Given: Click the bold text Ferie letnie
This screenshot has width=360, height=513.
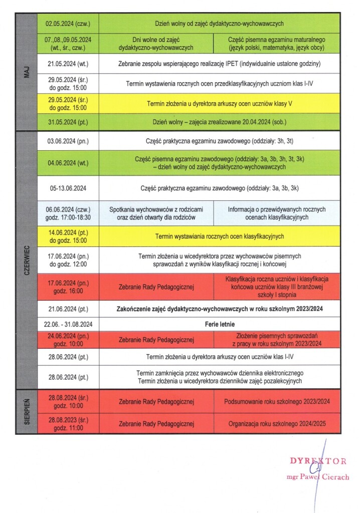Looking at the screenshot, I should coord(220,324).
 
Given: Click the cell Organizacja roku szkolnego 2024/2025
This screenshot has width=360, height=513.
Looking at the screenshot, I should coord(277,424).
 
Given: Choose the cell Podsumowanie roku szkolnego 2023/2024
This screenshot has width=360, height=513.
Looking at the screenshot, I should coord(277,402).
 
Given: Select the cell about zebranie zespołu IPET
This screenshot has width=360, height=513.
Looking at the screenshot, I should coord(220,64).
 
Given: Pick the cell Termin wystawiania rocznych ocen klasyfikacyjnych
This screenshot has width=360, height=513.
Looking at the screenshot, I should coord(220,236).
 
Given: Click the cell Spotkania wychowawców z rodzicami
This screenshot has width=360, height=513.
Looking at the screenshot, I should coord(156,213).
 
